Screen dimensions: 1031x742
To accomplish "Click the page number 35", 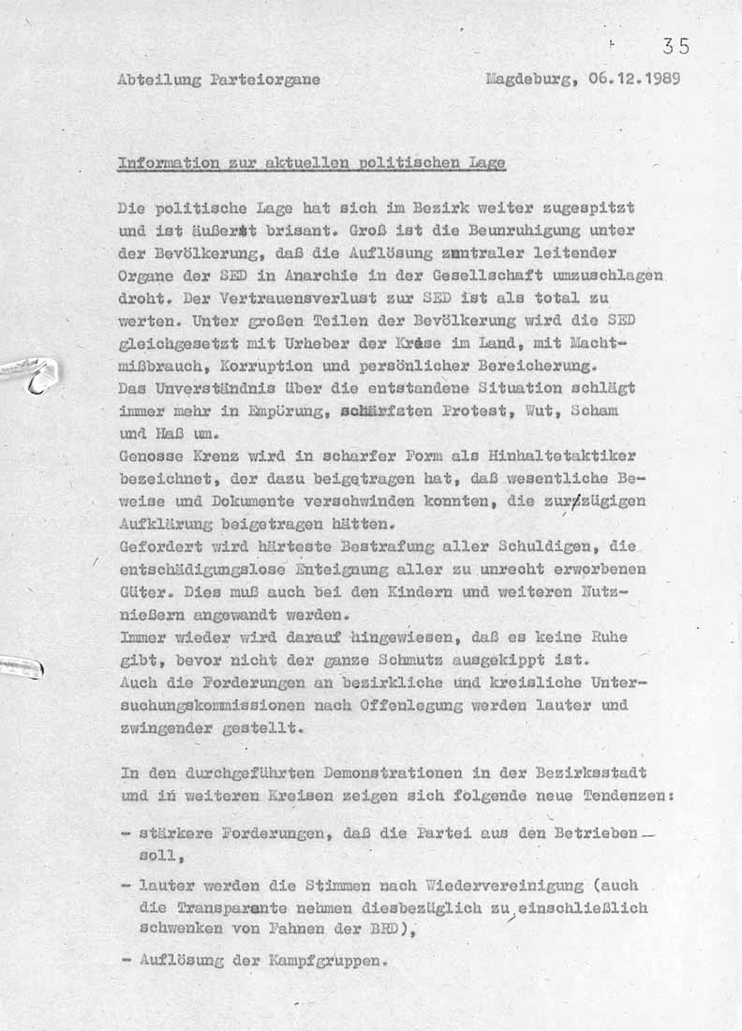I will [675, 46].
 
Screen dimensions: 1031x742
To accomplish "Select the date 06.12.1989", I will [635, 80].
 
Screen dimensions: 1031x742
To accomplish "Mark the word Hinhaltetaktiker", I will [564, 456].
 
